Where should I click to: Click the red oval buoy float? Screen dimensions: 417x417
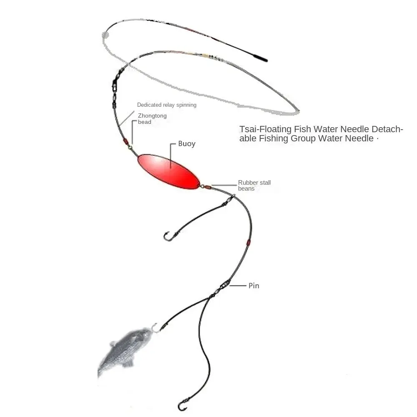[168, 171]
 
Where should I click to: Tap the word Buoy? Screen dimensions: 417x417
[187, 144]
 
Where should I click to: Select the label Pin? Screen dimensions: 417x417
[254, 286]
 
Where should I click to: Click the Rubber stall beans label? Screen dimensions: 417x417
[254, 186]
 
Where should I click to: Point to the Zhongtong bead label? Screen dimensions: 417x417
[152, 119]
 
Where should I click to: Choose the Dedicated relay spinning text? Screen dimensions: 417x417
[167, 105]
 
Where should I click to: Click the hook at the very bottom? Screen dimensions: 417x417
[182, 405]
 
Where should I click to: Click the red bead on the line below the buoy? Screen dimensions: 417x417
[249, 242]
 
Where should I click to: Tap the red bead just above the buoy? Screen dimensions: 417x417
[126, 141]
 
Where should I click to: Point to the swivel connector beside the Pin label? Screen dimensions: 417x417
[225, 285]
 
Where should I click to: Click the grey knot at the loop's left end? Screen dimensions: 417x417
[105, 35]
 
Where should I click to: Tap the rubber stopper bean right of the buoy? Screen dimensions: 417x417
[208, 187]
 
